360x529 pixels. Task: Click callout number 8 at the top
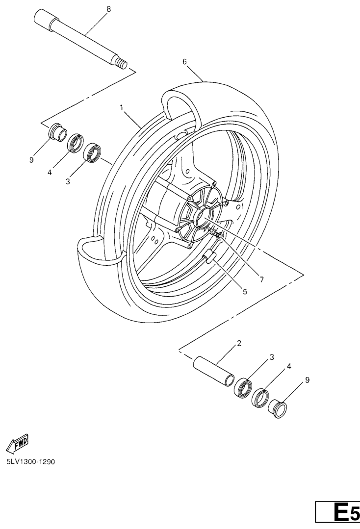coord(108,9)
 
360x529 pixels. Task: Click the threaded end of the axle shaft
coord(131,63)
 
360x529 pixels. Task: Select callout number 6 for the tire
coord(194,62)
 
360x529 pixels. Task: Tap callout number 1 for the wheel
coord(121,108)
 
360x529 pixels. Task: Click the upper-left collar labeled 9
coord(57,131)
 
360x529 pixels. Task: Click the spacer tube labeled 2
coord(214,370)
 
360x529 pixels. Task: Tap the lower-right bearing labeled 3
coord(243,388)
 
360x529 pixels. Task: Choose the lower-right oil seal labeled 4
coord(261,398)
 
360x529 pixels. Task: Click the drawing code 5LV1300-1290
coord(31,461)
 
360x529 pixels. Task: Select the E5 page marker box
coord(337,512)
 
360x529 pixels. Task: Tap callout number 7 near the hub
coord(261,279)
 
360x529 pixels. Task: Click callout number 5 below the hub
coord(245,292)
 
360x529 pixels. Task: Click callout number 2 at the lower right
coord(239,344)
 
